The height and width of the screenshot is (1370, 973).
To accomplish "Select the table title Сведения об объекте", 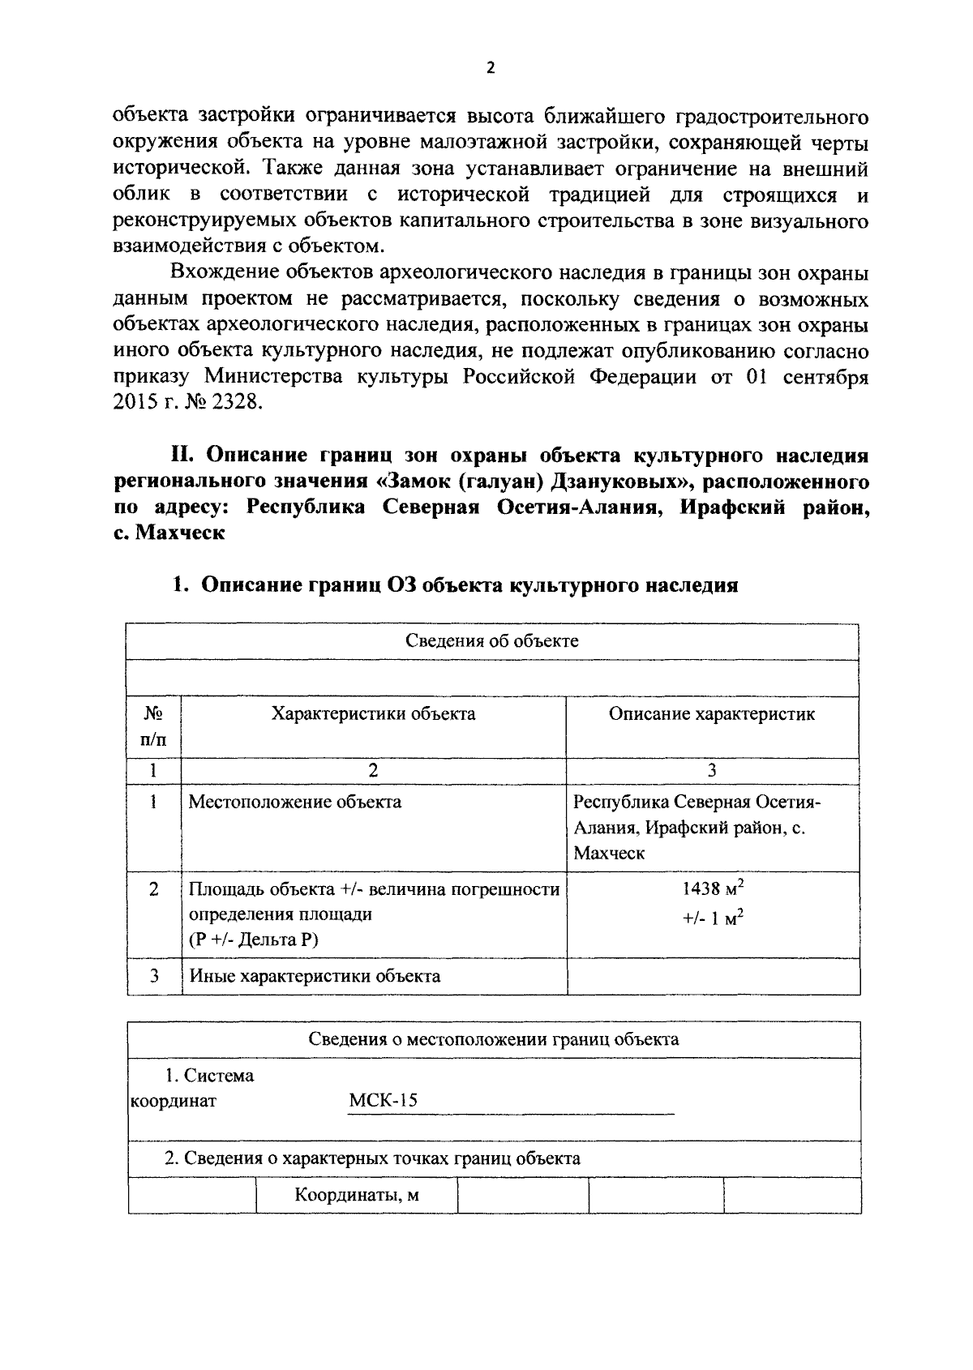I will click(491, 641).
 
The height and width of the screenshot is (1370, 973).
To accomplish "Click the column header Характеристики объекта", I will click(373, 714).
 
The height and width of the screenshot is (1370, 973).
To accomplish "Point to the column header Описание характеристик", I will click(711, 714).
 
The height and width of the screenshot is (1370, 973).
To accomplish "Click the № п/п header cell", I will click(153, 727).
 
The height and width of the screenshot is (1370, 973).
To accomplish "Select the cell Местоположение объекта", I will click(294, 803).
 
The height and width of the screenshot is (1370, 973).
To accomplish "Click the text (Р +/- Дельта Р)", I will click(254, 940).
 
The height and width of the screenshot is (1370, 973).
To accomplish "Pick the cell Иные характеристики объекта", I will click(315, 976).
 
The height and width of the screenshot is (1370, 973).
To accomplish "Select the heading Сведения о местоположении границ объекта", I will click(494, 1039).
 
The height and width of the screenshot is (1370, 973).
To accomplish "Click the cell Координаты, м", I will click(356, 1195).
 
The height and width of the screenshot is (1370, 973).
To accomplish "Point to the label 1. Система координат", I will click(195, 1089).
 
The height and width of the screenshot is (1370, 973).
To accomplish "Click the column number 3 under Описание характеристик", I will click(712, 771).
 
